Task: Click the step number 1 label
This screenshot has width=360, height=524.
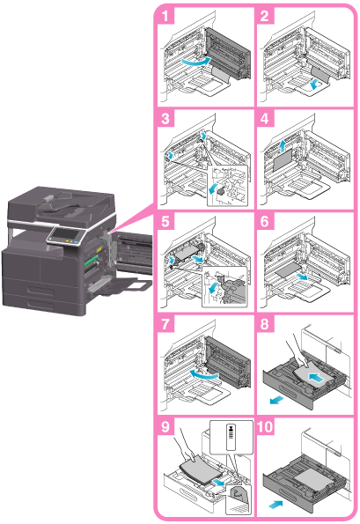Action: tap(165, 16)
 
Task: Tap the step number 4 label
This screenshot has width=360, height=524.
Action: tap(265, 118)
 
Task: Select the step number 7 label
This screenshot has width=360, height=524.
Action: tap(165, 324)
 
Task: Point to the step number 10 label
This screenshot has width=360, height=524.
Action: tap(266, 427)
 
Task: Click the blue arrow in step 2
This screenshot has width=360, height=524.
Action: tap(314, 85)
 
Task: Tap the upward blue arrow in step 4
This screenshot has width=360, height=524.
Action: tap(283, 146)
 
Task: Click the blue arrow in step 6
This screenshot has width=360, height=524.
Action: tap(303, 276)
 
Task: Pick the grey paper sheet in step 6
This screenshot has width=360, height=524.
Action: tap(288, 269)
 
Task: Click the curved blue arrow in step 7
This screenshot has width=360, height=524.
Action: tap(203, 375)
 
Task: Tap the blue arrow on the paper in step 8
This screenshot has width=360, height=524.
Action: tap(316, 378)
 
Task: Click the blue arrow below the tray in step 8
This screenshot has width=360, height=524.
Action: tap(277, 400)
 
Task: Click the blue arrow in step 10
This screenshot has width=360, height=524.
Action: tap(276, 504)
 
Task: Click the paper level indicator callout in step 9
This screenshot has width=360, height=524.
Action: tap(231, 437)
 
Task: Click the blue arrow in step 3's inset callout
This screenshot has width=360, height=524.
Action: tap(213, 188)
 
